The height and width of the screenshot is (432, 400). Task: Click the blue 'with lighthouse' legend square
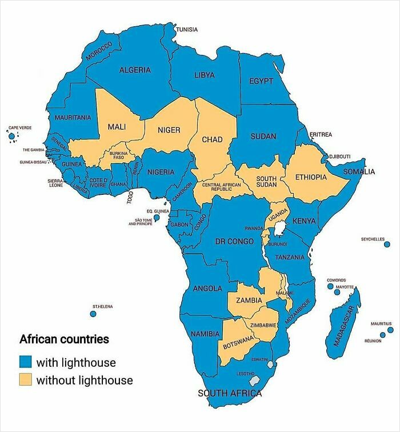point(25,362)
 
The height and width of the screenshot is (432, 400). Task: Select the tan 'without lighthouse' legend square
point(25,379)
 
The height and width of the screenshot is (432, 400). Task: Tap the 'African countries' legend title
point(64,339)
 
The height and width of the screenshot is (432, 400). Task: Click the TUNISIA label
point(187,29)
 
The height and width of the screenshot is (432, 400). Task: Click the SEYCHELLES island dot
point(387,244)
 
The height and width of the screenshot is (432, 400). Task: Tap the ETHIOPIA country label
point(311,178)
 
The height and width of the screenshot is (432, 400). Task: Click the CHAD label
point(212,139)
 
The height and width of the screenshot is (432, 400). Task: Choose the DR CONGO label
point(234,242)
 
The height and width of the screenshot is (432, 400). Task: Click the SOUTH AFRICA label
point(230,393)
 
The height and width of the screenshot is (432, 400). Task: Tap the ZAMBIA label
point(249,300)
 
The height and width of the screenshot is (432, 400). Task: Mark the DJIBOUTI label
point(340,156)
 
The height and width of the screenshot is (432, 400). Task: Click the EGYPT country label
point(261,81)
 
